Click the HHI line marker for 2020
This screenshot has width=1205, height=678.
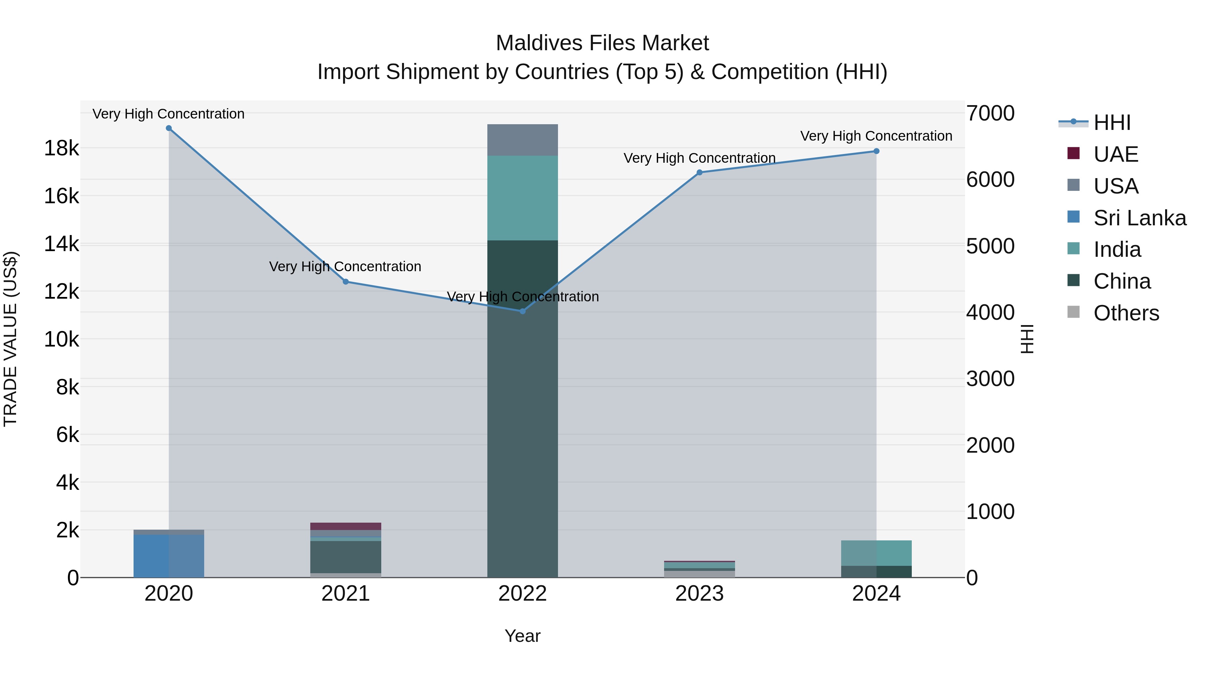169,128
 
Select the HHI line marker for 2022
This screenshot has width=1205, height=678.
523,311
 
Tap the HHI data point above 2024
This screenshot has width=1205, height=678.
876,151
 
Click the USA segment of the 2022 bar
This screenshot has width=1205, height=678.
523,140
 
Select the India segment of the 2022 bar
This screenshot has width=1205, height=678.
523,198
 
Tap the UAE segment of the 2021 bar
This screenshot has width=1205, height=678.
346,526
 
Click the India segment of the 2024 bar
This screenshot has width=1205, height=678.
876,553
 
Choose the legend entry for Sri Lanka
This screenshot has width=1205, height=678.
1139,218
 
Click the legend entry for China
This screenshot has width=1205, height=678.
1121,281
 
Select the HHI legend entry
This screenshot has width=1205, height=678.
1111,123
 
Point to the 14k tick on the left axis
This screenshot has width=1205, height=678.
61,244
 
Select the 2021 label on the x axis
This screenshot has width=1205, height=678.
346,594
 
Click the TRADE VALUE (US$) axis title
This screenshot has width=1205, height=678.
11,339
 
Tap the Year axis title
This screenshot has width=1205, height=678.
523,636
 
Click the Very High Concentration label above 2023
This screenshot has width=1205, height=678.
699,158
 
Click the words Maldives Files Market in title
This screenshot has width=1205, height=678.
602,43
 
